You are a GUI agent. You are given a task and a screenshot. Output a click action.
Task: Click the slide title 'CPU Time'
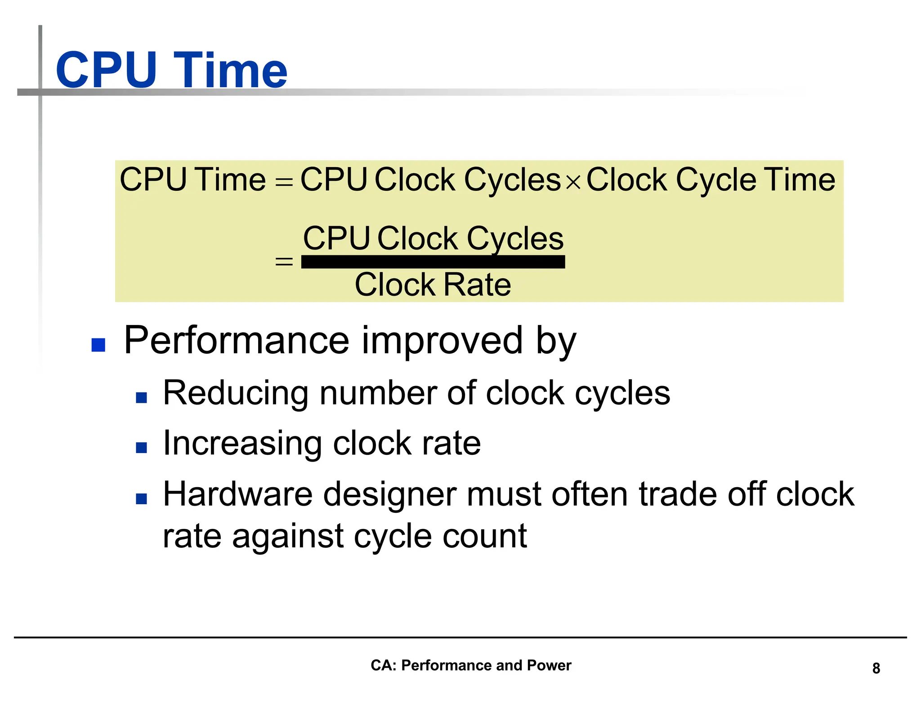[171, 70]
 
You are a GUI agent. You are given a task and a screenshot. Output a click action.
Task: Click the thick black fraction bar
[433, 262]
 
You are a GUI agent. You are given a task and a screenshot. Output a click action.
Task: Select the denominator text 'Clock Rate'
[433, 284]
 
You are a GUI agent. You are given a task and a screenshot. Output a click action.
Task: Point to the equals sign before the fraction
[284, 261]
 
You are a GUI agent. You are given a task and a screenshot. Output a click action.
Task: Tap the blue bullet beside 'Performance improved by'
[98, 345]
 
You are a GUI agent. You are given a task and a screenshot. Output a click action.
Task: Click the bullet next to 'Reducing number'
[141, 397]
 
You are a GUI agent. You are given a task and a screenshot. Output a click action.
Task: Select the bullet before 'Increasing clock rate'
[141, 448]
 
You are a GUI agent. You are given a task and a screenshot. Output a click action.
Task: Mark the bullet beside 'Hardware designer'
[141, 498]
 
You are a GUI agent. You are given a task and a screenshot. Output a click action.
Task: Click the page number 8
[876, 668]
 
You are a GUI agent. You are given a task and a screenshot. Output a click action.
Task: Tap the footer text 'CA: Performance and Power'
[470, 665]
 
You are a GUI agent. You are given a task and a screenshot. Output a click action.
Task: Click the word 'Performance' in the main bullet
[236, 341]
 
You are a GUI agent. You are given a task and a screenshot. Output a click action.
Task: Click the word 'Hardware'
[237, 494]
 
